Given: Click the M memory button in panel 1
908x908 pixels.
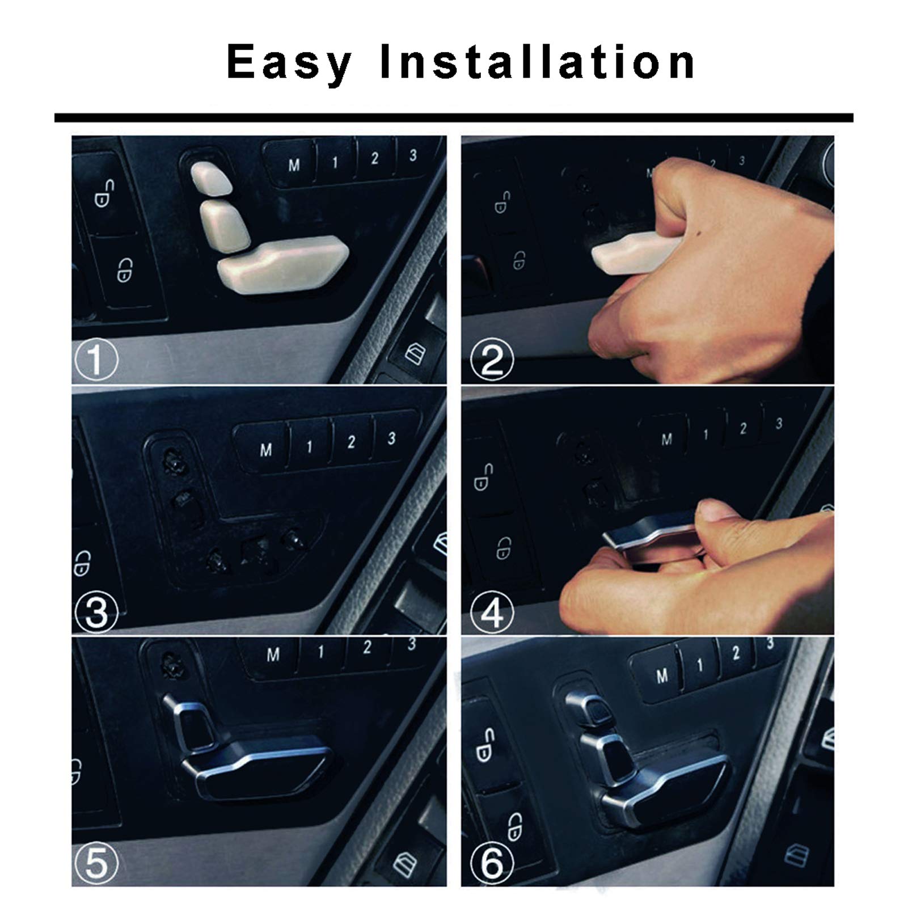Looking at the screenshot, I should point(294,165).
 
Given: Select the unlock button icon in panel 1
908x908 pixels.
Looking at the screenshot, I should point(103,193).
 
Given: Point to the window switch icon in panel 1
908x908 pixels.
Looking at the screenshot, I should point(416,354).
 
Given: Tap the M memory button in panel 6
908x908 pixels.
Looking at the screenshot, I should point(661,675).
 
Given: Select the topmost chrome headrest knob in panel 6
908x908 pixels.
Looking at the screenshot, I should point(594,708).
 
